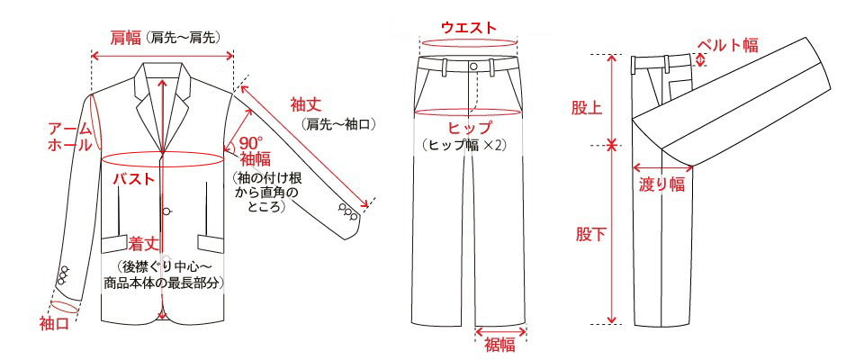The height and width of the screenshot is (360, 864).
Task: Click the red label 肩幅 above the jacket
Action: click(x=125, y=38)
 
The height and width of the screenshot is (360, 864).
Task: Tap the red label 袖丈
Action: click(x=306, y=104)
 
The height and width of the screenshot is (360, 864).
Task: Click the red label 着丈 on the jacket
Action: click(x=144, y=243)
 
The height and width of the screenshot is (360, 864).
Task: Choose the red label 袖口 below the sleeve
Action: click(x=54, y=324)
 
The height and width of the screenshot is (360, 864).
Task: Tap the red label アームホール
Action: click(x=69, y=138)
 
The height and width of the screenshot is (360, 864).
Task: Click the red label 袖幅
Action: click(x=255, y=160)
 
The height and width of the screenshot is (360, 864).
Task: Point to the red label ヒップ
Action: click(x=470, y=129)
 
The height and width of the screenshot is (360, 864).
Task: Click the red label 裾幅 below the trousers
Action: click(x=499, y=346)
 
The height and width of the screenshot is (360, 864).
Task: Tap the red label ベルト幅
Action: click(x=728, y=45)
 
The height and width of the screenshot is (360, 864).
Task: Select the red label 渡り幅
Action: click(x=661, y=184)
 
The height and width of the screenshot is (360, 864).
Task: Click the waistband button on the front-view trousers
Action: click(x=473, y=67)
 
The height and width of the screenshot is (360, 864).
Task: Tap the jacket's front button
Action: click(x=168, y=210)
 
